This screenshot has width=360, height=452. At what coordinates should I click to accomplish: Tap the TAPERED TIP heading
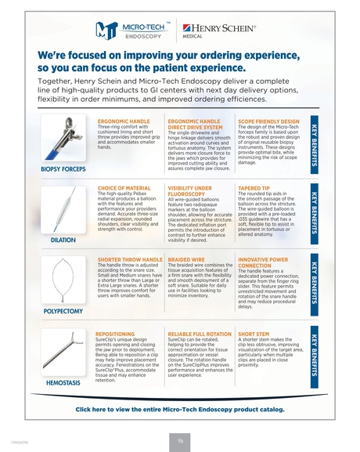click(x=254, y=190)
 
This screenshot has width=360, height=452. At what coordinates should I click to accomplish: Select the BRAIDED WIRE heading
click(x=190, y=258)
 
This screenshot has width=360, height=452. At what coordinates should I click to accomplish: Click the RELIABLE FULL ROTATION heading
click(x=198, y=334)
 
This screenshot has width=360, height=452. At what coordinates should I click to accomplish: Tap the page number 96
click(x=180, y=439)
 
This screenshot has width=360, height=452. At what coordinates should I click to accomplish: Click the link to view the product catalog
click(x=179, y=408)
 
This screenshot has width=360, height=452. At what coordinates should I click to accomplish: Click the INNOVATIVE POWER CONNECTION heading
click(x=267, y=262)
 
